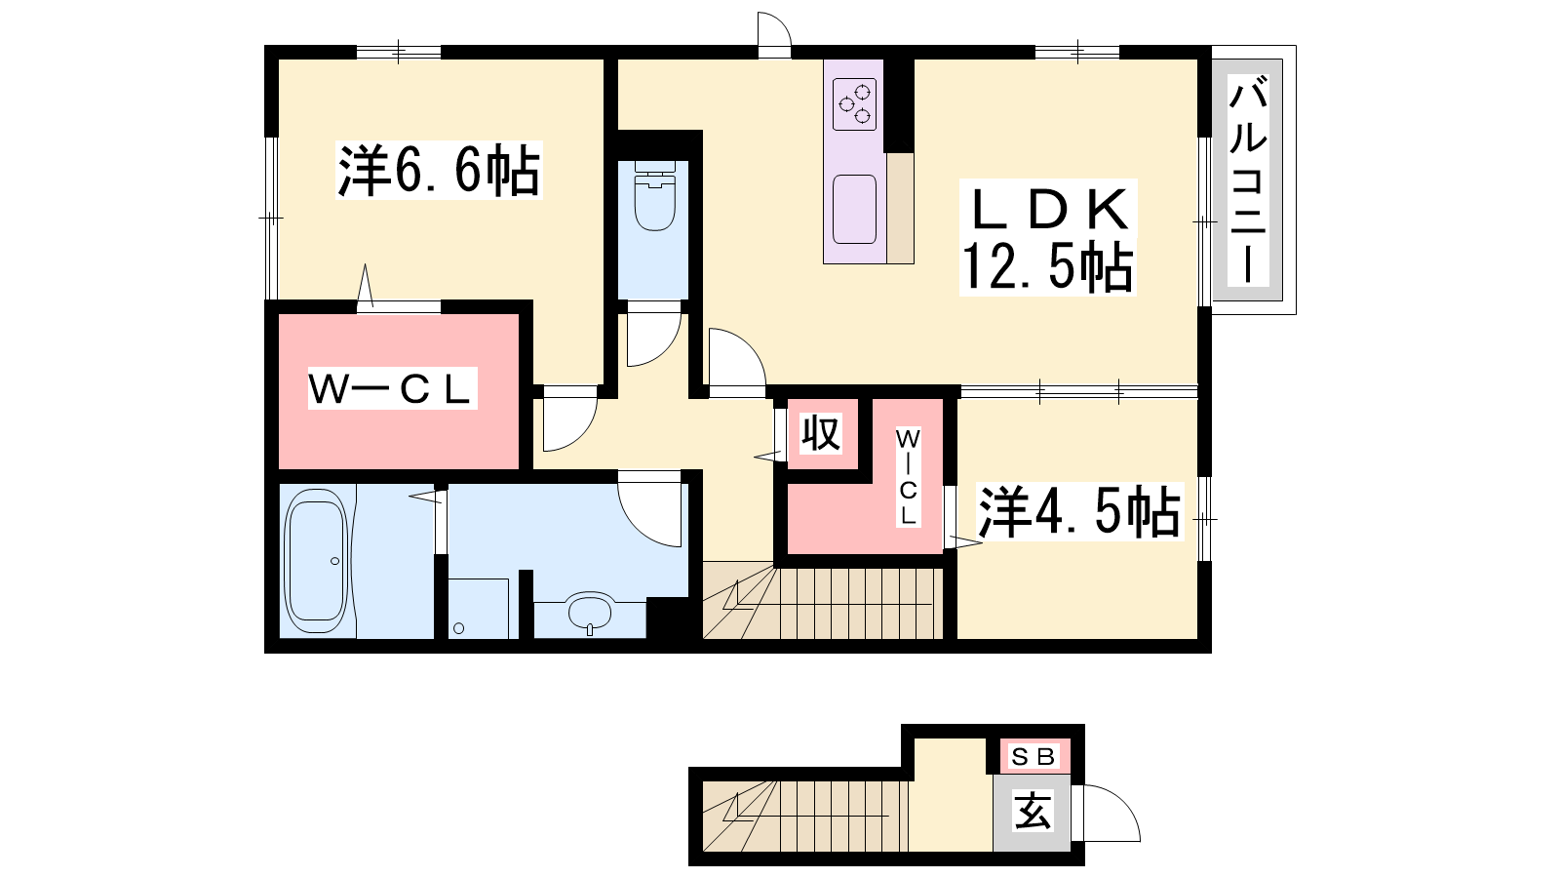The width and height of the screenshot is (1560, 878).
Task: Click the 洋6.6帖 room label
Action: point(439,171)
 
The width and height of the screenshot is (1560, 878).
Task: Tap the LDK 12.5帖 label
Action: point(1048,238)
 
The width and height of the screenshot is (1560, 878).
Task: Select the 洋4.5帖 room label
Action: point(1079,512)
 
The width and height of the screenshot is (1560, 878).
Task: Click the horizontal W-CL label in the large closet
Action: point(392,389)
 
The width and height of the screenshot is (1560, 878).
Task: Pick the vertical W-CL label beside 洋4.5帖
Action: point(908,477)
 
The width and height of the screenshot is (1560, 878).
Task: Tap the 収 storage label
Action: point(821,433)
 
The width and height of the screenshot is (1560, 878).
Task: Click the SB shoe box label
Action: point(1034,756)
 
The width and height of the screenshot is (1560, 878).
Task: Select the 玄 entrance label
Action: point(1033,811)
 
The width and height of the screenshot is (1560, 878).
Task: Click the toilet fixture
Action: point(654,196)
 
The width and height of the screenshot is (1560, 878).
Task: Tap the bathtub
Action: point(317,561)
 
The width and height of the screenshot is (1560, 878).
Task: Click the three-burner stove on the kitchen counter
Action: point(854,103)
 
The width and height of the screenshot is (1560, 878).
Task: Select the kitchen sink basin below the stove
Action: point(854,209)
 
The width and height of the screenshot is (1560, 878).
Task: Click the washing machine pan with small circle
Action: point(478,608)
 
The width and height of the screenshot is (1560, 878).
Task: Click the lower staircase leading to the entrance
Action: point(805,816)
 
